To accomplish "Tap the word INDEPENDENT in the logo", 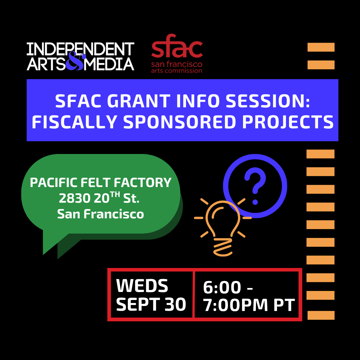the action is (80, 49).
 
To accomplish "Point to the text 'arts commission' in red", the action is (177, 71).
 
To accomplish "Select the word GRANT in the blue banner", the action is (139, 101).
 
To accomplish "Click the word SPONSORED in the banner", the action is (180, 122).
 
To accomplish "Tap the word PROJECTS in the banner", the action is (288, 122).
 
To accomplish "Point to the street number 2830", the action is (75, 198).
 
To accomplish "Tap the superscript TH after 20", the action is (115, 194).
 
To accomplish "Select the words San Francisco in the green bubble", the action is (101, 214).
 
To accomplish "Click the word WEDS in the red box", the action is (142, 286).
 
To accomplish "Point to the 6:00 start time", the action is (222, 287).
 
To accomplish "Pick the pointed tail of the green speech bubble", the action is (44, 254).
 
